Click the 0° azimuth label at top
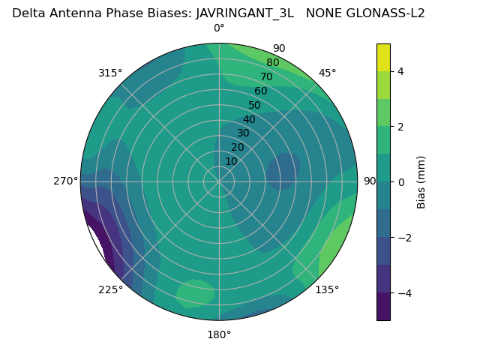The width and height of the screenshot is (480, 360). (219, 28)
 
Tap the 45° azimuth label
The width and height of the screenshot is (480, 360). (327, 73)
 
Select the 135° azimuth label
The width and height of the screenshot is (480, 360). (327, 289)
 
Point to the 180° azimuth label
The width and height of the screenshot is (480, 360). (219, 334)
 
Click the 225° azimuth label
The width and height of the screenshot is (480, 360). (110, 289)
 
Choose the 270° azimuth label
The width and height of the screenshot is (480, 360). (66, 181)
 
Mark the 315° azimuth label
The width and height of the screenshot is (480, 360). (110, 73)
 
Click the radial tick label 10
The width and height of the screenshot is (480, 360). (231, 161)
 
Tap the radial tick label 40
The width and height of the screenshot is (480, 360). (249, 119)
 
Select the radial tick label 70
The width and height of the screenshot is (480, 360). (266, 76)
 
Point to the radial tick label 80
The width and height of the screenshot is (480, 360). (272, 63)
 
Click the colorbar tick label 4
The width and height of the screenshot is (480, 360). (401, 71)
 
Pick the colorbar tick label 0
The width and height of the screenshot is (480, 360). (401, 182)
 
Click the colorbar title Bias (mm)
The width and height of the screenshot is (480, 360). (421, 182)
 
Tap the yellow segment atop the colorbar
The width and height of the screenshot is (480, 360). (383, 58)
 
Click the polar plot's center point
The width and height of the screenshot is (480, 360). (219, 181)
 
